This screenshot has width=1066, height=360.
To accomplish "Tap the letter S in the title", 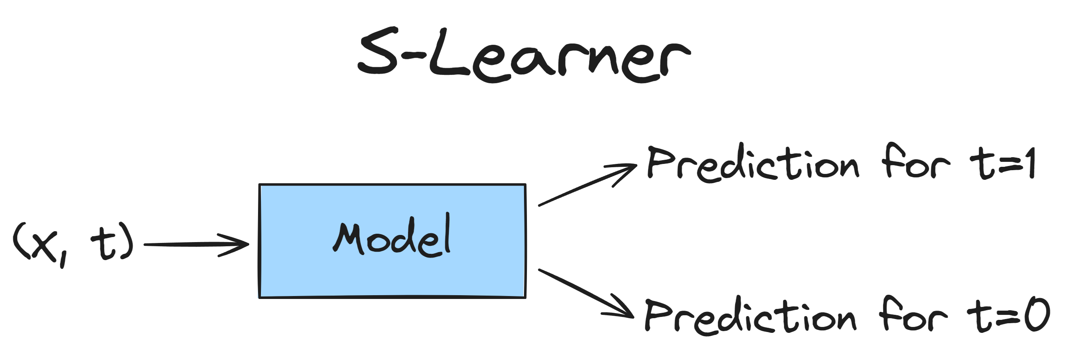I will [x=378, y=54].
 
